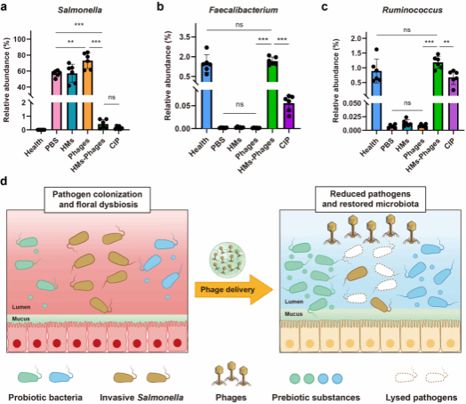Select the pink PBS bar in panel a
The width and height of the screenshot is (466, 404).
point(56,101)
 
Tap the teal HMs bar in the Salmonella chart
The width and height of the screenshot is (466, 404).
point(72,101)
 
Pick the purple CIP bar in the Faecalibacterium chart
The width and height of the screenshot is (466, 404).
point(288,116)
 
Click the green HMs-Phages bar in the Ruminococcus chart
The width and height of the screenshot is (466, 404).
point(438,96)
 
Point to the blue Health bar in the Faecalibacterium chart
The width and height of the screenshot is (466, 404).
point(206,96)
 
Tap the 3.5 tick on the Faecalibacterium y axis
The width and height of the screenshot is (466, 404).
point(185,36)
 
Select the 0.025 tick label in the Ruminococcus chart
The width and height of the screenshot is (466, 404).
point(352,117)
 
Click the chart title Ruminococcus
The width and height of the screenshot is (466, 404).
point(413,10)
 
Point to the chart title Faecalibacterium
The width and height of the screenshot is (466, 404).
point(244,10)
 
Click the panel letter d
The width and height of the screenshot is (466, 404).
point(4,181)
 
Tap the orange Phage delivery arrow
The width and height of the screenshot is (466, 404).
point(234,289)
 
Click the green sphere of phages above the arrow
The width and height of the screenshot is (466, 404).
point(228,257)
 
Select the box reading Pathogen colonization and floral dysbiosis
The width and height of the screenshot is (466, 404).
point(97,199)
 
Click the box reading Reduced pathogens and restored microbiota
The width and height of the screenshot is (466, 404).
point(370,199)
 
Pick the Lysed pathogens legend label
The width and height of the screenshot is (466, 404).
point(422,398)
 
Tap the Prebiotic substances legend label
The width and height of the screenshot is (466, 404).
point(316,398)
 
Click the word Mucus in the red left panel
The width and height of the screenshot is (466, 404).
point(20,319)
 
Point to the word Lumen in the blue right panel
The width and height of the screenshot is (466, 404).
point(294,302)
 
